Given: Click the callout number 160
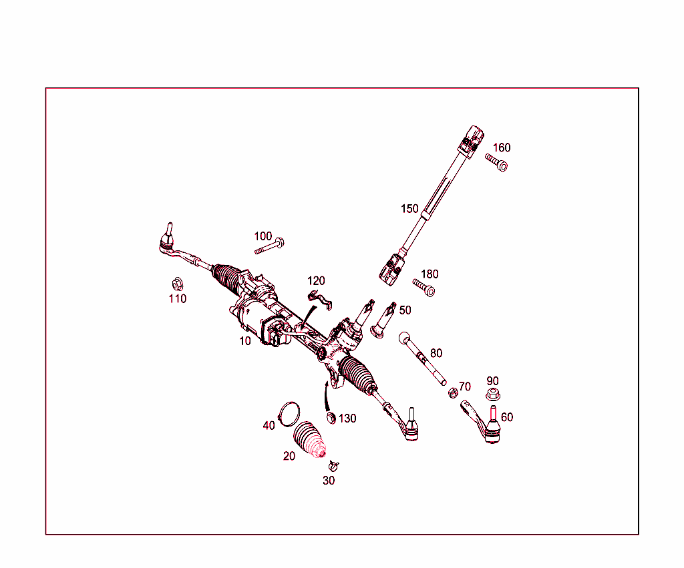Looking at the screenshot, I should [502, 148].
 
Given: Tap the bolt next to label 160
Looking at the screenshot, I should [496, 162].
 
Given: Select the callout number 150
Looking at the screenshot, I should [409, 209].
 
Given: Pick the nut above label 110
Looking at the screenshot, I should [177, 284].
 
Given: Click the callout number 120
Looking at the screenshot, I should [316, 281].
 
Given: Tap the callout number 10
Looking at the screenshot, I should [245, 340].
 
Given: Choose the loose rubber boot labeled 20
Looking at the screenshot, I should [309, 441].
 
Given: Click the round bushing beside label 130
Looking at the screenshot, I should [331, 418].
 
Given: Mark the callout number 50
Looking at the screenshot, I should [405, 310].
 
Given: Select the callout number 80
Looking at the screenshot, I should [436, 353].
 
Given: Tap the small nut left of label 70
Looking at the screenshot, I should [452, 392].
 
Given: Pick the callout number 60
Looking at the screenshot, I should [507, 417].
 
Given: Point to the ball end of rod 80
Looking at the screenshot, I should [405, 338].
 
